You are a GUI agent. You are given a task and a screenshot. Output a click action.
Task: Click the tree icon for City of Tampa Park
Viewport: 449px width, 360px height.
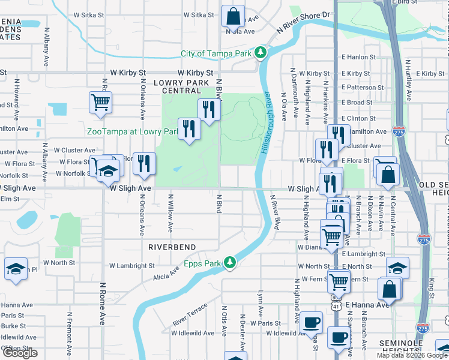tap(261, 53)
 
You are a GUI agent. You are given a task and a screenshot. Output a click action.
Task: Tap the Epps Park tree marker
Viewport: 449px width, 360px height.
tap(229, 262)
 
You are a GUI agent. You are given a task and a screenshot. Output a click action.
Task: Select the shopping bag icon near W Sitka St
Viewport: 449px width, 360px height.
tap(232, 16)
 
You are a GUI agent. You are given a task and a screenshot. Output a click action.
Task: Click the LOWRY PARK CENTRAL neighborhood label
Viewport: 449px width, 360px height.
tap(181, 86)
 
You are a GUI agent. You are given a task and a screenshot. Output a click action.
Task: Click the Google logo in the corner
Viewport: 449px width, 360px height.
tap(20, 353)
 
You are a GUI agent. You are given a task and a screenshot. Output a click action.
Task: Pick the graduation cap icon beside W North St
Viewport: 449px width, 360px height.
tap(15, 268)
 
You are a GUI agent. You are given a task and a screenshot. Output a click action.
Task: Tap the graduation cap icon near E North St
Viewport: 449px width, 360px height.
tap(397, 268)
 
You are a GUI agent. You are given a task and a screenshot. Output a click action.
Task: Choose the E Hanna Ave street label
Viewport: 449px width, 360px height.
tap(367, 305)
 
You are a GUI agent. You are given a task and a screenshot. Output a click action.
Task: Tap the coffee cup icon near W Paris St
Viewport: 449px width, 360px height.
tap(310, 322)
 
